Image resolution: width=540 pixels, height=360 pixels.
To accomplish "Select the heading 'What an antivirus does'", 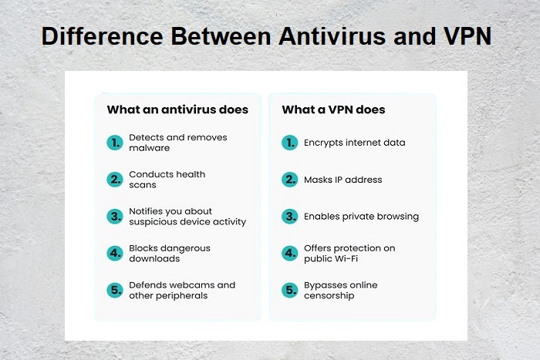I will (x=177, y=109).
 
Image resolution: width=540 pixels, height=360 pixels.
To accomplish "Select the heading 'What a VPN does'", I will (x=333, y=109).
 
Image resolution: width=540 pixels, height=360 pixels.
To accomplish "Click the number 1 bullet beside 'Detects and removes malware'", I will (x=115, y=143).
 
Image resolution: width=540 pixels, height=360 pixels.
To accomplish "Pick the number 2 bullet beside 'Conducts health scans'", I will (x=115, y=180).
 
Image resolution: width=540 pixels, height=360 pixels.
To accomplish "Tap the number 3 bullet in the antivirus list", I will (x=115, y=217).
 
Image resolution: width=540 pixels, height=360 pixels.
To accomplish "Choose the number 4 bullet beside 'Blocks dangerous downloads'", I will (x=115, y=254).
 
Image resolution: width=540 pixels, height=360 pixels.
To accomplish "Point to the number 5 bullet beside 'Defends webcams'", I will (x=115, y=291).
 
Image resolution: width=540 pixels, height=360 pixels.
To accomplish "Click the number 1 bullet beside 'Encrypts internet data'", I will (x=289, y=143).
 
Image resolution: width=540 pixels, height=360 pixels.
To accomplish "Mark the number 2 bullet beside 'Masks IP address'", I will (x=289, y=180).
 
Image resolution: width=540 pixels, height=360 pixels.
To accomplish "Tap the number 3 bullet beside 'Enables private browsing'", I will (x=289, y=217).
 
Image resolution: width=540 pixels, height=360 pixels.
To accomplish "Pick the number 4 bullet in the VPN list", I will (x=289, y=254).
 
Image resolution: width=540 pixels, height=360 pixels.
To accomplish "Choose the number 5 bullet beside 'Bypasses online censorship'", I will (x=289, y=291).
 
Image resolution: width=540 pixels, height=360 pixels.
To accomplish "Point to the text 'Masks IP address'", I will (x=343, y=180).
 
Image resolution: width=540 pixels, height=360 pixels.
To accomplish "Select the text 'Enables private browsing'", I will (x=362, y=217).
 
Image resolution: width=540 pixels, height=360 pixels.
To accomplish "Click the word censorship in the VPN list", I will (x=329, y=296).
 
